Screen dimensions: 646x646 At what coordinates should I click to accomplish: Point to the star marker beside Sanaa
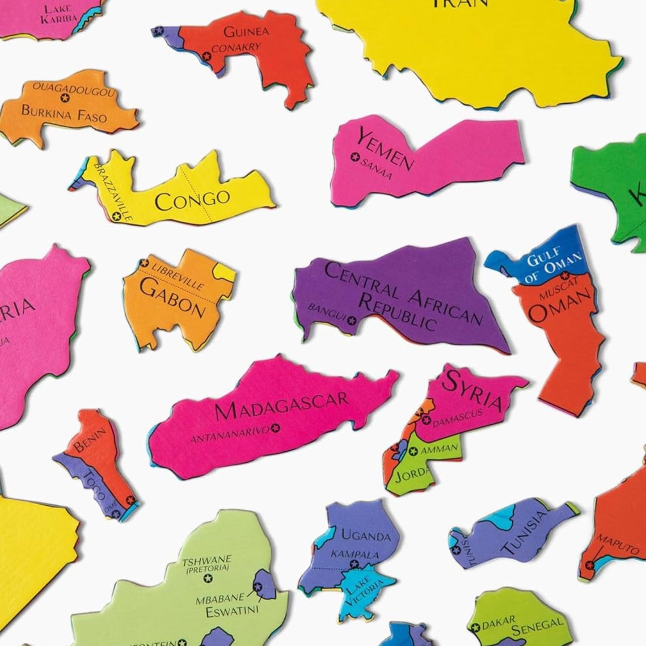coord(355,156)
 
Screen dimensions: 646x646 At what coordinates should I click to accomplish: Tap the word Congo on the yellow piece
coord(192,199)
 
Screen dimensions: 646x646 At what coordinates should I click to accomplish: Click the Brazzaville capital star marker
coord(117,217)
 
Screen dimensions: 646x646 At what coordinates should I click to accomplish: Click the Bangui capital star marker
coord(352,320)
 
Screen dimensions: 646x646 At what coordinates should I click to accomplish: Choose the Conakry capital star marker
coord(206,56)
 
